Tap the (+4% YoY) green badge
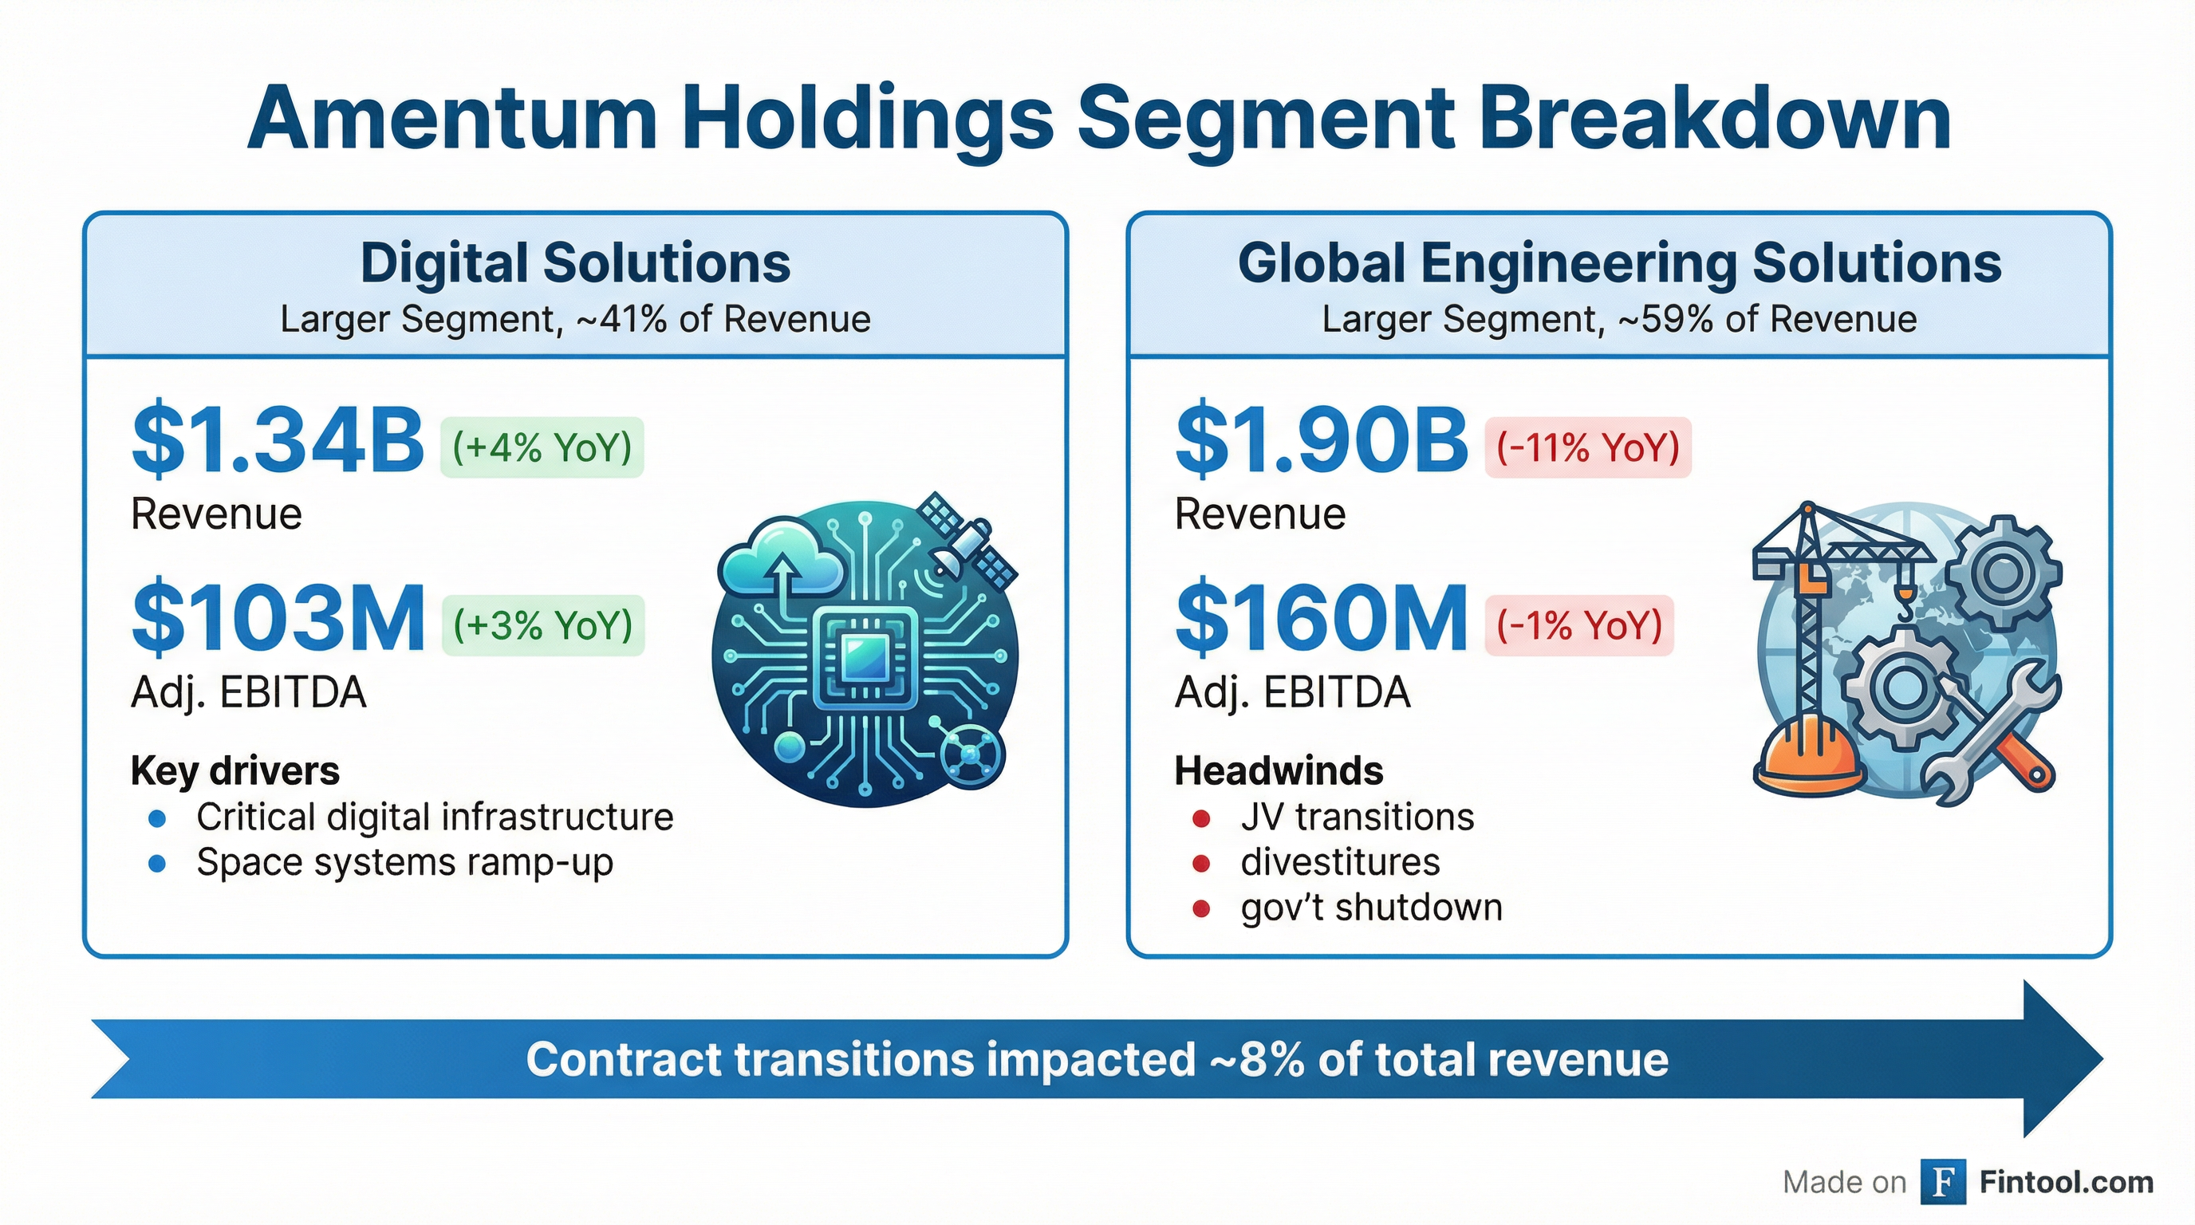[542, 447]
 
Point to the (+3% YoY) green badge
[543, 625]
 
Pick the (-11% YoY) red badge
[1587, 447]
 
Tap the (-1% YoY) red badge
[1579, 625]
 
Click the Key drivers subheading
[235, 771]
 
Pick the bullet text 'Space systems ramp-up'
[404, 862]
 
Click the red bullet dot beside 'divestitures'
[1201, 864]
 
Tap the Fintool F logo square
[1943, 1182]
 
